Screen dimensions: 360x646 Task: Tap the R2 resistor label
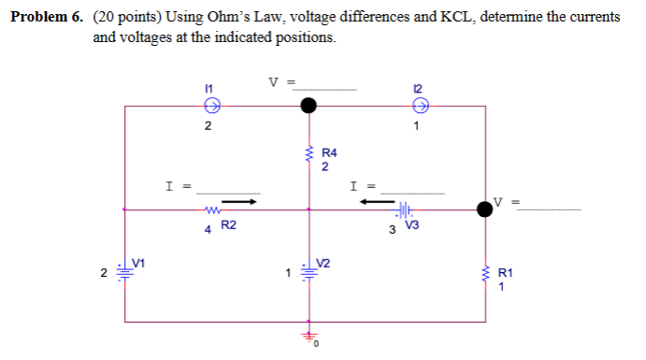point(228,225)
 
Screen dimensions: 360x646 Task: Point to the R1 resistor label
point(505,273)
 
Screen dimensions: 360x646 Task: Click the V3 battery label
point(412,225)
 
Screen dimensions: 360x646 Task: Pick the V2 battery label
point(323,262)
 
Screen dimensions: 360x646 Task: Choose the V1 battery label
point(139,263)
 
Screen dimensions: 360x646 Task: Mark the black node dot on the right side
point(485,209)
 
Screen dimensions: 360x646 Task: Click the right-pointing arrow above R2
point(238,199)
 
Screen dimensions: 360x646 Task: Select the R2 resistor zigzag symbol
point(211,209)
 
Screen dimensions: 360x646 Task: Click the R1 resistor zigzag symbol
point(485,273)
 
